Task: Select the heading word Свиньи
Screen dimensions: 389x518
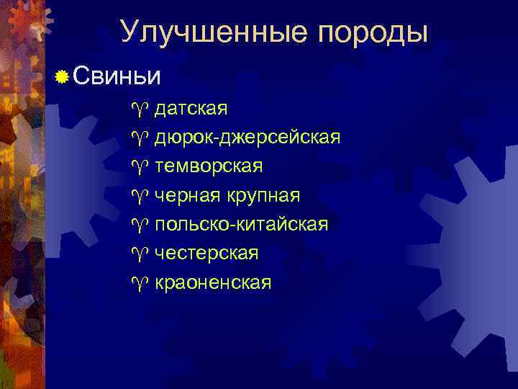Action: coord(117,76)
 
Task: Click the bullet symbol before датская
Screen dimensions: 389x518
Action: coord(138,109)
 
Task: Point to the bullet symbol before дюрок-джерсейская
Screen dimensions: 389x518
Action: coord(138,138)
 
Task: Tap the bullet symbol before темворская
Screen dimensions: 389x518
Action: coord(138,167)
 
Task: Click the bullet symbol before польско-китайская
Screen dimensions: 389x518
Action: coord(138,225)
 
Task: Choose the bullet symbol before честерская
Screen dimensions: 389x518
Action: coord(138,254)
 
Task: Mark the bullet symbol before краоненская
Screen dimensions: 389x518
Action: coord(138,283)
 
